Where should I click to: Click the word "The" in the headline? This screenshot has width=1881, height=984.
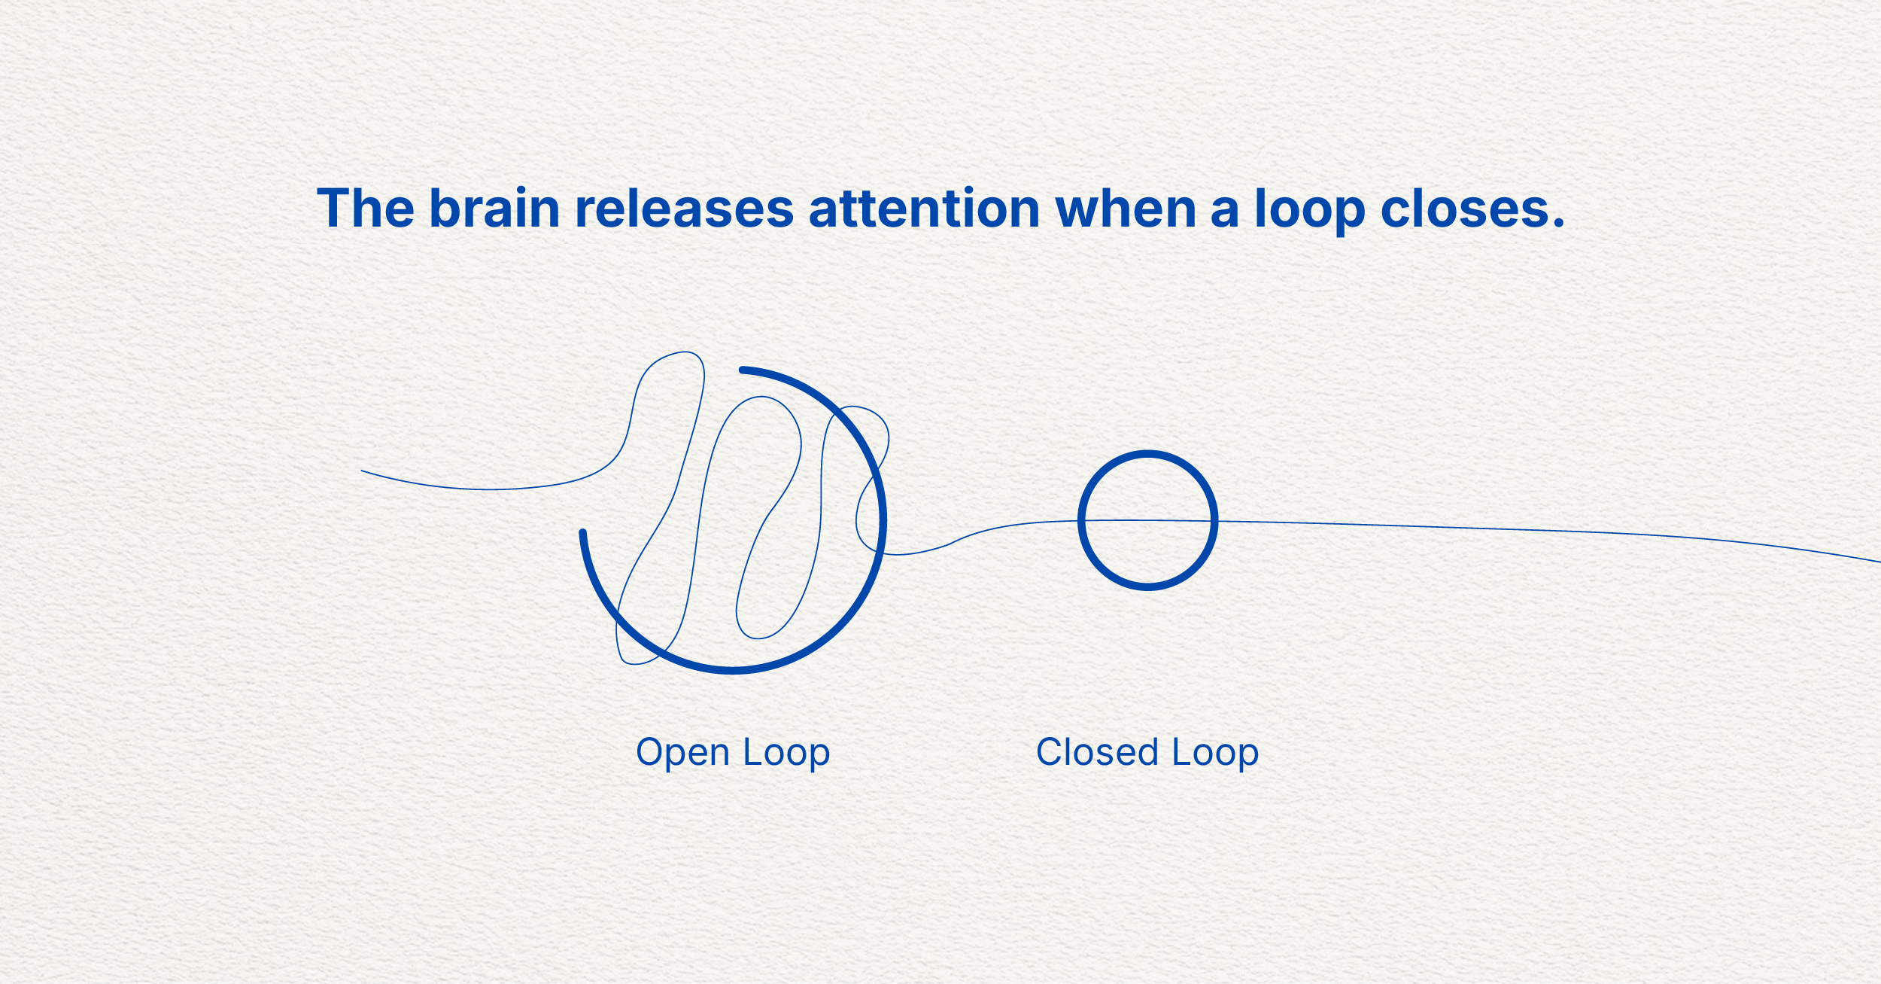coord(365,209)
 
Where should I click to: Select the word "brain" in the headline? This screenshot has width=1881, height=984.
coord(494,209)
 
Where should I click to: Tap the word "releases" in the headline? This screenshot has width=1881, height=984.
coord(684,209)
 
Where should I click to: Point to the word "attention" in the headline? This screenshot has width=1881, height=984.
coord(925,209)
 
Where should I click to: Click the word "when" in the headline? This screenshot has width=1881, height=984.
coord(1126,209)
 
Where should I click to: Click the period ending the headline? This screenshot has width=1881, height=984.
coord(1558,224)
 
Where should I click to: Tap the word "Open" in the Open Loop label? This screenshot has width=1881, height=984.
coord(682,753)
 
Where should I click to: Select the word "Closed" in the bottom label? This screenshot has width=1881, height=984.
coord(1097,752)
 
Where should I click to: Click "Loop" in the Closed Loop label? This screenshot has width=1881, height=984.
coord(1215,753)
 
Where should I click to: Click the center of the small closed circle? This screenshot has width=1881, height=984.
coord(1147,520)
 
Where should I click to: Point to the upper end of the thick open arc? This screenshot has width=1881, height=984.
coord(743,370)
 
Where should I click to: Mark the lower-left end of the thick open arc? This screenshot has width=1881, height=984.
coord(582,532)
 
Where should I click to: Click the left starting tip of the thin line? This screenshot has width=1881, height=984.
coord(362,471)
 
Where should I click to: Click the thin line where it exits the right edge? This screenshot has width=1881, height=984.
coord(1876,561)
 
